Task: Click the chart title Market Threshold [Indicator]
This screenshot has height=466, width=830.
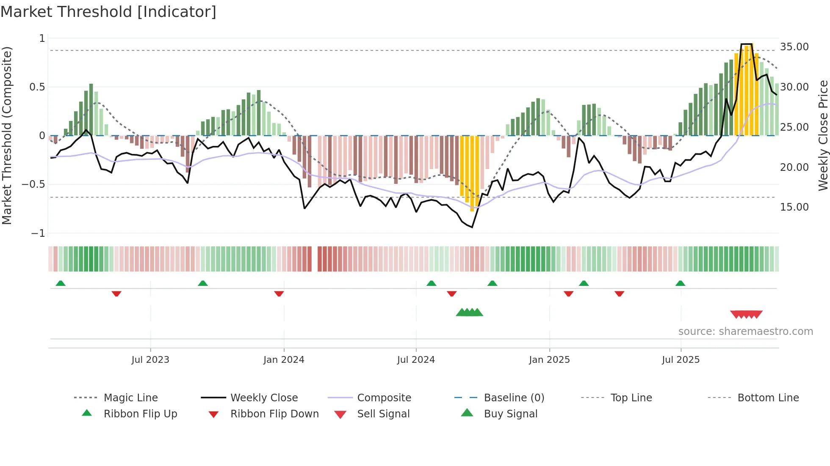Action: click(108, 12)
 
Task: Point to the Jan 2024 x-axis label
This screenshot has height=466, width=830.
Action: click(284, 360)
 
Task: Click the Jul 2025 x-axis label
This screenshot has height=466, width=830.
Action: click(681, 360)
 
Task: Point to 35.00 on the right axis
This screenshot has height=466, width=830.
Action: click(794, 47)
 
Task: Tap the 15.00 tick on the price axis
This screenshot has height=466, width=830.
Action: click(794, 207)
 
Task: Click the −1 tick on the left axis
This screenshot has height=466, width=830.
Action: click(38, 233)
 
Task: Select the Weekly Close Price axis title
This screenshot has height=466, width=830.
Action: click(823, 135)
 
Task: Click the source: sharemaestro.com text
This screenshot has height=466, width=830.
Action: click(745, 332)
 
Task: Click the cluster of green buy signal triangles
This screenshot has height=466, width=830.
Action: click(469, 312)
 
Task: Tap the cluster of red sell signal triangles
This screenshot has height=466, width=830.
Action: click(746, 315)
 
